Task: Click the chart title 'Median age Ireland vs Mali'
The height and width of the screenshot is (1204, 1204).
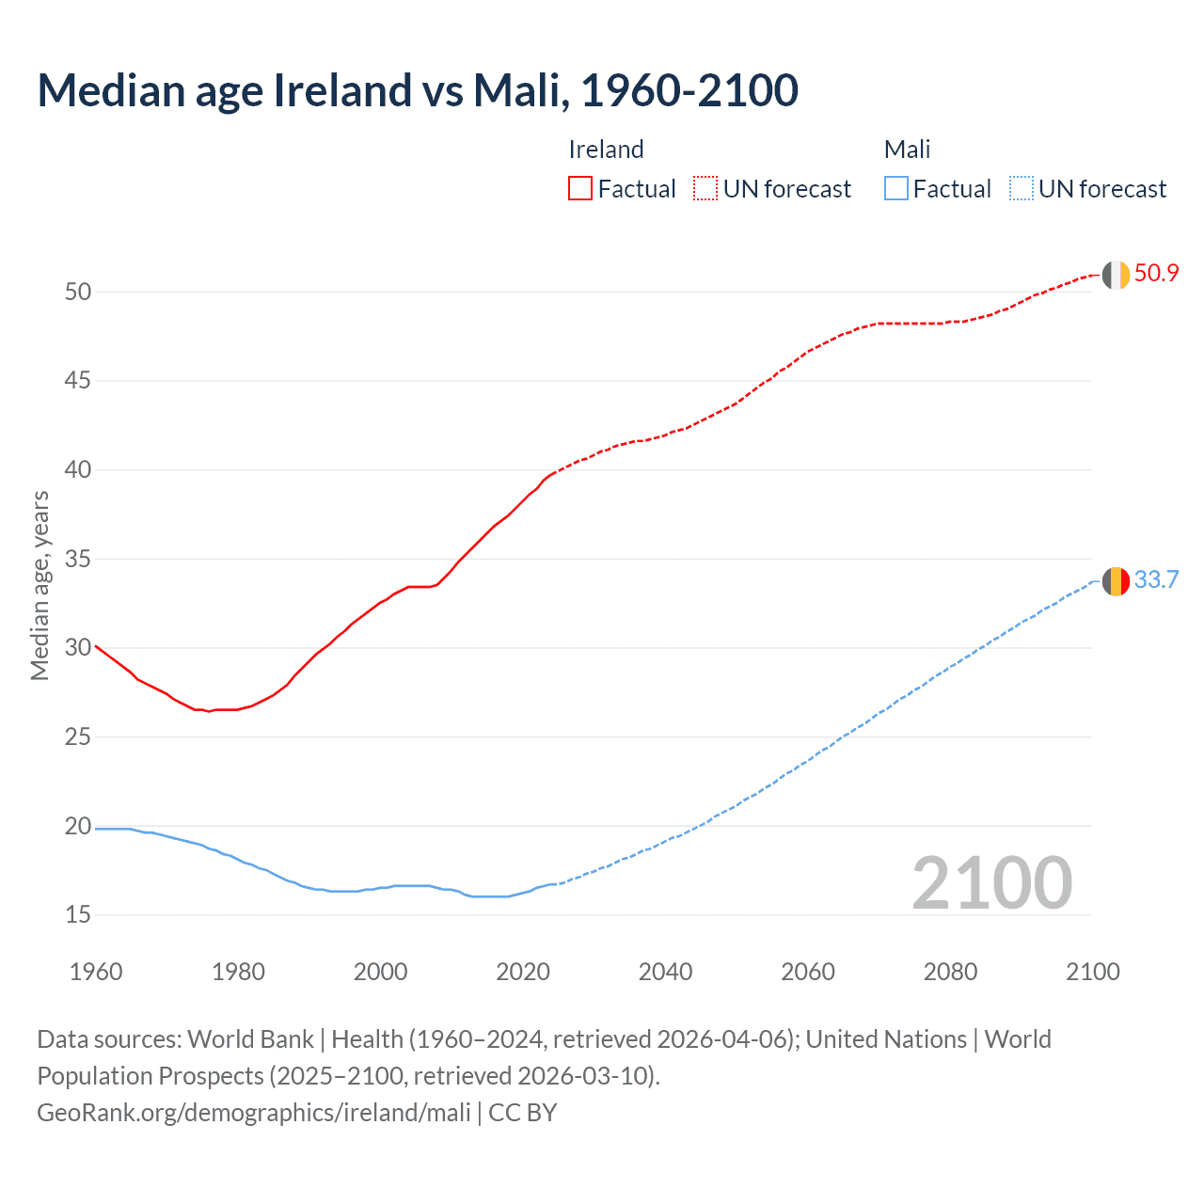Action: (x=418, y=90)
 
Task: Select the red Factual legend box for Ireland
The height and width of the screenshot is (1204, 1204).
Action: (x=580, y=188)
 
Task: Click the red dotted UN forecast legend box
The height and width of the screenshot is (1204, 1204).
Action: (x=705, y=188)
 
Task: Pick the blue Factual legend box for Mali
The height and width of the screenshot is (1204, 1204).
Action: (x=896, y=188)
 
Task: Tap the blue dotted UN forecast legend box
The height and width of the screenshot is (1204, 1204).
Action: (x=1021, y=188)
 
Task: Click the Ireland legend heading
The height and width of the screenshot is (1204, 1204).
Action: (x=606, y=150)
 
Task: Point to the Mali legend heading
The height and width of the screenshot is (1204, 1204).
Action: (x=907, y=150)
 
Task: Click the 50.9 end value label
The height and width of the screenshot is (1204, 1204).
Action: (x=1156, y=274)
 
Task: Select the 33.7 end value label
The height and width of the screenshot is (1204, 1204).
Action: (x=1156, y=579)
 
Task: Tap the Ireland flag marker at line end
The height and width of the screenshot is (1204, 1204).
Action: (x=1116, y=275)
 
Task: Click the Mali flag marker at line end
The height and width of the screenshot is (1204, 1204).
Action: (x=1116, y=581)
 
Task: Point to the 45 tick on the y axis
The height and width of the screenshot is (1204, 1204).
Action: (x=78, y=381)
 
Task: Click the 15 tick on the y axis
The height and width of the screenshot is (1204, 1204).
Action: (x=78, y=914)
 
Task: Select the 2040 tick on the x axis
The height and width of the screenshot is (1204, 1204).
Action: (x=665, y=972)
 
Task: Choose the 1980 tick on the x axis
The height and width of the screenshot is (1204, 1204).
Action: (x=238, y=972)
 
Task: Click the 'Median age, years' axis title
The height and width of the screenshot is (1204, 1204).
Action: (x=40, y=585)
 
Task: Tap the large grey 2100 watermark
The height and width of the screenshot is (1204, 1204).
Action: (x=991, y=882)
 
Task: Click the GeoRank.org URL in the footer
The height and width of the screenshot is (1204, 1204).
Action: (x=254, y=1113)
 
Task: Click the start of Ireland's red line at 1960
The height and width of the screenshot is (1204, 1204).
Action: (x=97, y=646)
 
